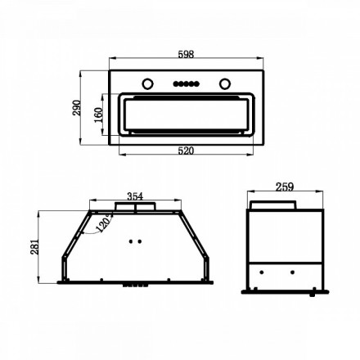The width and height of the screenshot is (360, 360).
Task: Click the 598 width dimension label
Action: click(x=186, y=54)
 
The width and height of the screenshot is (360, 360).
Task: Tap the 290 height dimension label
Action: click(x=77, y=108)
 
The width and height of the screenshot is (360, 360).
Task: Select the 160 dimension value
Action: click(x=98, y=115)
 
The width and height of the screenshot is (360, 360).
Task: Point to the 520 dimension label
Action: click(x=186, y=151)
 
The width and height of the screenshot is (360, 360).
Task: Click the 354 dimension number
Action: click(x=135, y=196)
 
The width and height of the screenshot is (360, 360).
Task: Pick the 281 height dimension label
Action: click(x=34, y=247)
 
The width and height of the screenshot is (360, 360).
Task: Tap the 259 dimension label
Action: click(x=285, y=187)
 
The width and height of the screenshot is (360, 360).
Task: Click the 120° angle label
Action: click(x=104, y=223)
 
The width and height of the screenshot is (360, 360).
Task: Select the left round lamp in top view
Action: click(x=147, y=83)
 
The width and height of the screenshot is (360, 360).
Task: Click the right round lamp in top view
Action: click(x=225, y=83)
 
